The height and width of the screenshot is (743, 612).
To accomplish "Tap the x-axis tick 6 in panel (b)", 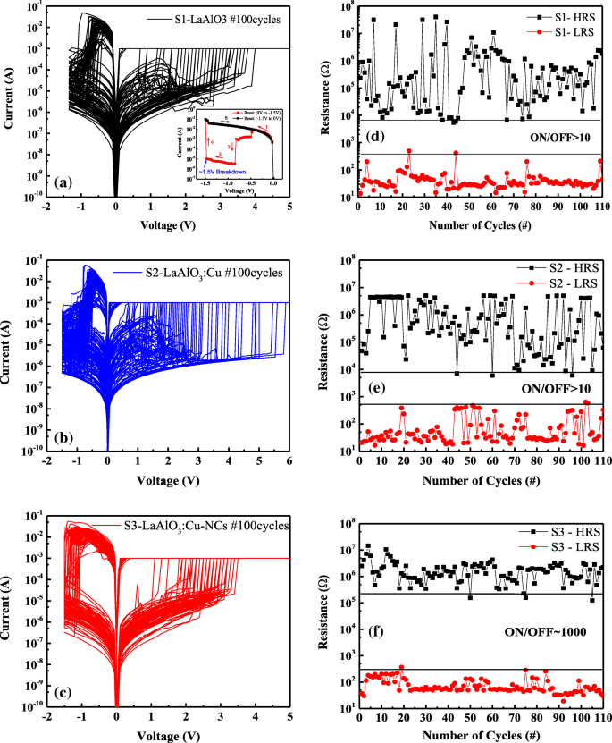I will tap(290, 459).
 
